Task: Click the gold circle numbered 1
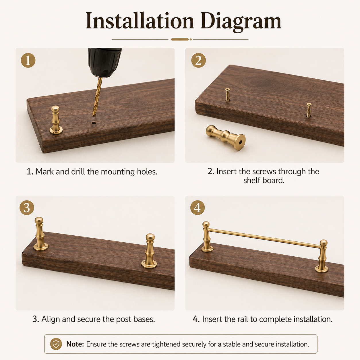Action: pyautogui.click(x=28, y=60)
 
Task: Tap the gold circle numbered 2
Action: pyautogui.click(x=198, y=60)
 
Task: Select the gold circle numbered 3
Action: pyautogui.click(x=27, y=208)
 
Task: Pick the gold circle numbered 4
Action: pyautogui.click(x=198, y=208)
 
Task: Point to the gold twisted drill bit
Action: pyautogui.click(x=98, y=97)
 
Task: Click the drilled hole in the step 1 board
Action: pyautogui.click(x=94, y=123)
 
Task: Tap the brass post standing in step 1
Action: pyautogui.click(x=56, y=120)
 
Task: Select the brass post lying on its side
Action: pyautogui.click(x=226, y=137)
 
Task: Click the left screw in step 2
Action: pyautogui.click(x=228, y=95)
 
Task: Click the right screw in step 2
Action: pyautogui.click(x=309, y=110)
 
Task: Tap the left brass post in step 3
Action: pyautogui.click(x=40, y=234)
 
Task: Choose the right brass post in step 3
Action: pyautogui.click(x=149, y=251)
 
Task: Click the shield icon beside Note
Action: pyautogui.click(x=56, y=344)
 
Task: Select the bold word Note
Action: pyautogui.click(x=75, y=344)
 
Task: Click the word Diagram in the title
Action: pyautogui.click(x=241, y=21)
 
